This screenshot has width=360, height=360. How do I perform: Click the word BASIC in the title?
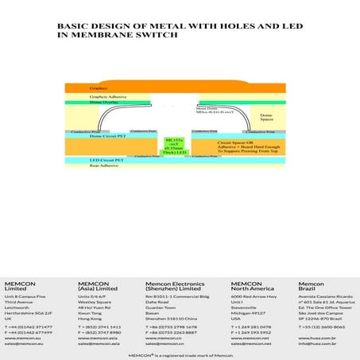coord(73,26)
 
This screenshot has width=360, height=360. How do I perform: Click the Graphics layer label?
coord(98,88)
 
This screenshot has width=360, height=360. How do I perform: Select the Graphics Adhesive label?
coord(104,97)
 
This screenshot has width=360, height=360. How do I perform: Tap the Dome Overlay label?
coord(102,103)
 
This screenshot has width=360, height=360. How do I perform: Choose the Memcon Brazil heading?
coord(311,286)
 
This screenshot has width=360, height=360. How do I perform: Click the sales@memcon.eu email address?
coord(24,343)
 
